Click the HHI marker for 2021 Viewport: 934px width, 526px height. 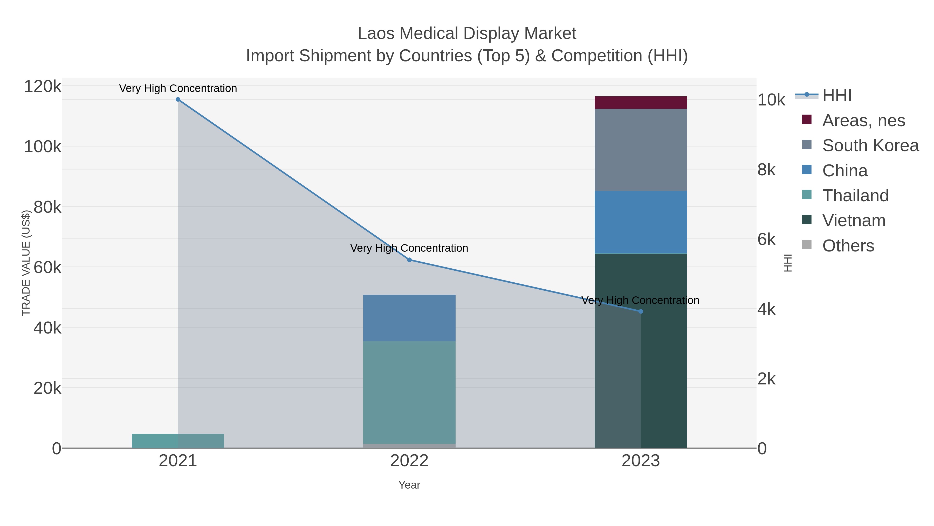(178, 99)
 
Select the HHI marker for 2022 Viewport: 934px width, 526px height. (409, 260)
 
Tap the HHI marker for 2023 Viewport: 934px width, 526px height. (641, 311)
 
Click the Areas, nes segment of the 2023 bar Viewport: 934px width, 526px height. (641, 103)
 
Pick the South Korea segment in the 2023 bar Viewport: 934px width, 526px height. (641, 150)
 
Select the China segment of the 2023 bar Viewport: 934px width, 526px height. (641, 222)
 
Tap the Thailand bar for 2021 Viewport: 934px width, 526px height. (178, 441)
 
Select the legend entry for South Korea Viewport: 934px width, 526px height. (870, 145)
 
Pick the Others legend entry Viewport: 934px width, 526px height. (848, 246)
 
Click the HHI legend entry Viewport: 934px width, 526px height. (836, 96)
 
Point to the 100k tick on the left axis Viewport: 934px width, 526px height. (43, 147)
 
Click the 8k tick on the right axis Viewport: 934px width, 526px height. (766, 170)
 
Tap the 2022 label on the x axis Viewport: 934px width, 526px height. (409, 461)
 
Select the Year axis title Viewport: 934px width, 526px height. (409, 485)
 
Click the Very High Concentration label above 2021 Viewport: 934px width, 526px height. (178, 88)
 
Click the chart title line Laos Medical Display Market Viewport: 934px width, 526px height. (467, 34)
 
